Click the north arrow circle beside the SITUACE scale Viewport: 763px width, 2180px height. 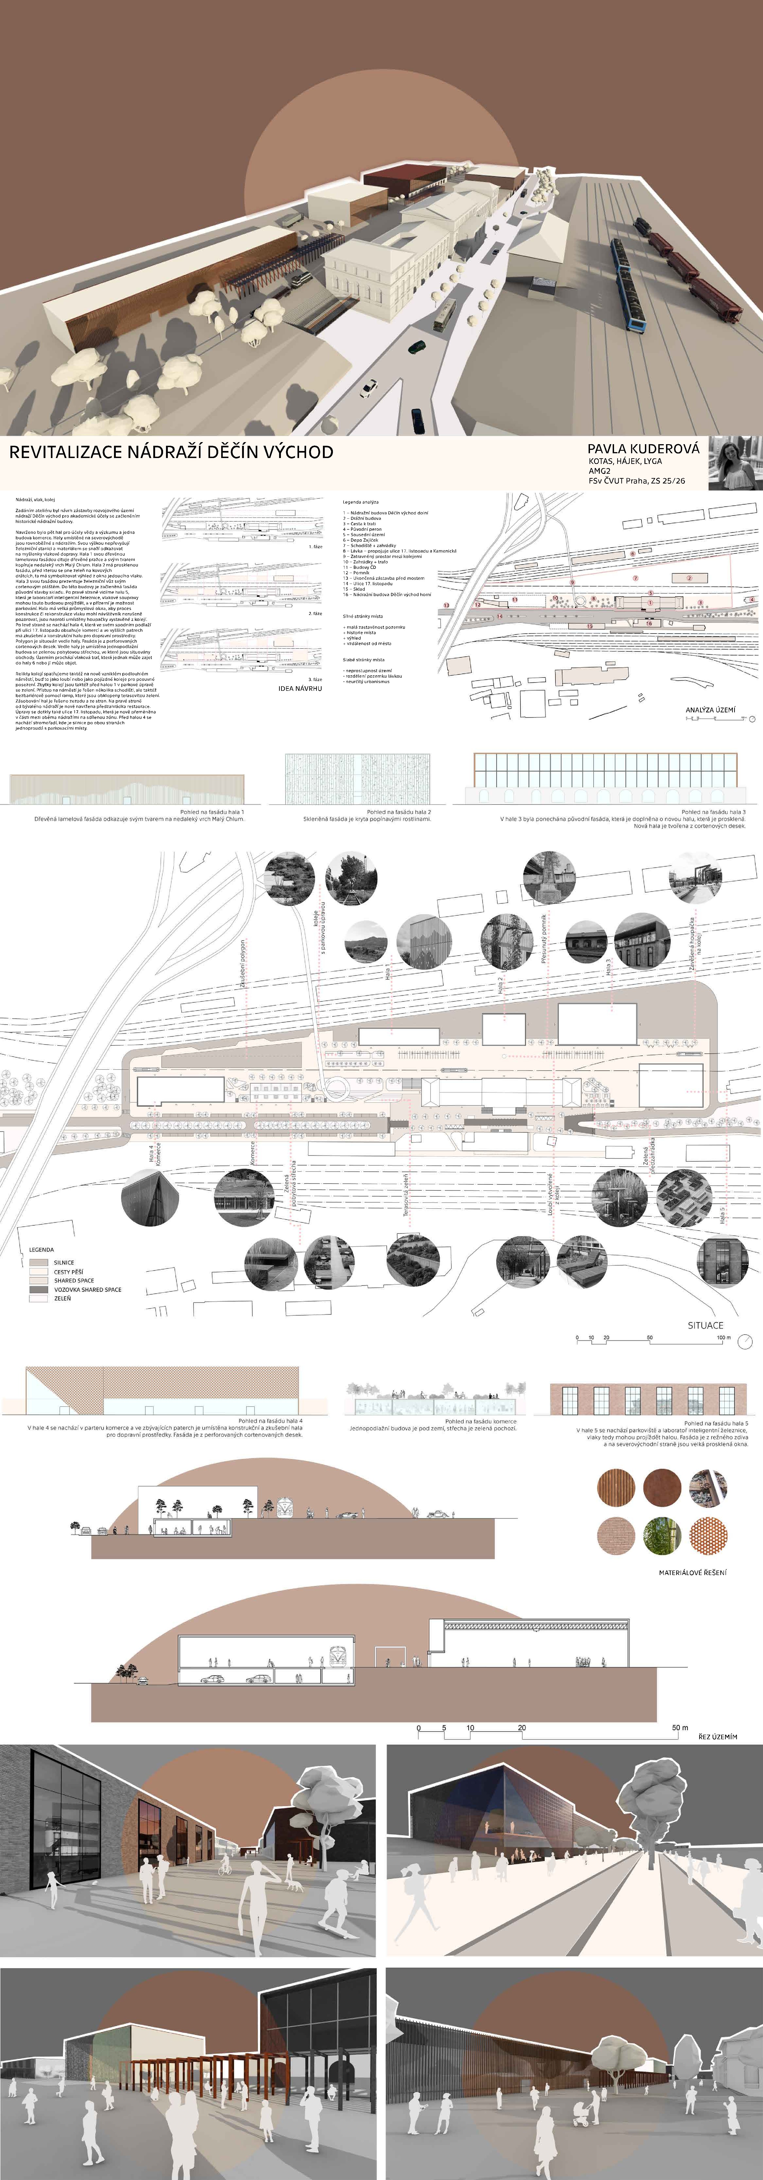744,1340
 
